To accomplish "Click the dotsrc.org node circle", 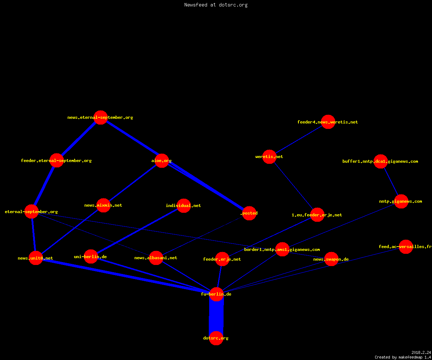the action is click(216, 338).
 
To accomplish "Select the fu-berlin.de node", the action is click(216, 294).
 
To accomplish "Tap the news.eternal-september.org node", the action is click(100, 117).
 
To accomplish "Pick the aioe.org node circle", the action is click(162, 161).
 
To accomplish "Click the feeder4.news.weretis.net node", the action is click(328, 122).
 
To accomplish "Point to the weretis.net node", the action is click(269, 157).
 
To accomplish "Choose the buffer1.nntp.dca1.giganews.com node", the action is click(381, 161).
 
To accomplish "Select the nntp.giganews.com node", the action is click(401, 201).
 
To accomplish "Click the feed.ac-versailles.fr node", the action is click(406, 247).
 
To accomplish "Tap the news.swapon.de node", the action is click(331, 259).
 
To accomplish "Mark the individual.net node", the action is click(184, 206).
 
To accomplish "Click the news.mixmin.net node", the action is click(103, 205).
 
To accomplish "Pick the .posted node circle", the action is click(249, 213).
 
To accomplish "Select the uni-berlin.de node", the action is click(91, 257).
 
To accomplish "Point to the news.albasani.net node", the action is click(156, 258).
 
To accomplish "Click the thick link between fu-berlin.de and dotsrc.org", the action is click(216, 316).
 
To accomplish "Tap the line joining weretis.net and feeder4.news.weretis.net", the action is click(298, 139).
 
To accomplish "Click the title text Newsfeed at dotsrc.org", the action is click(216, 5).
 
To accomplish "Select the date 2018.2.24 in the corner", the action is click(421, 352).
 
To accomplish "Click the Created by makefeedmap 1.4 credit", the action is click(403, 357).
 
